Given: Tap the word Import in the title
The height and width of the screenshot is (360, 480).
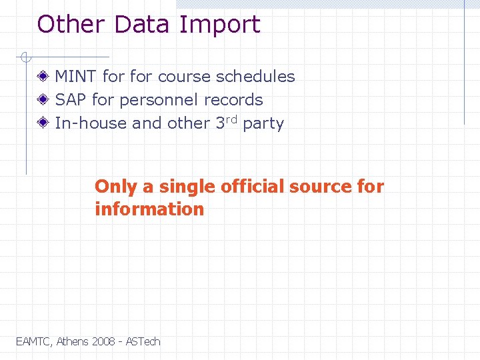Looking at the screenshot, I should (x=219, y=25).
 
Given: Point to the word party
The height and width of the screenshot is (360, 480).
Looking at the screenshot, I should (x=263, y=124).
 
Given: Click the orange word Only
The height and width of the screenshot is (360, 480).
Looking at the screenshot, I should (x=115, y=187).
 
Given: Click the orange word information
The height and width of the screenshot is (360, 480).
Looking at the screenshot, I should (x=149, y=209).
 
